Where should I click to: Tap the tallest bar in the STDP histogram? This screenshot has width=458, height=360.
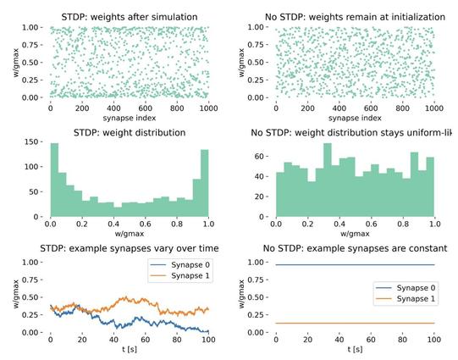coord(54,179)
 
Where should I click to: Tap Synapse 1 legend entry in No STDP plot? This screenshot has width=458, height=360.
coord(398,300)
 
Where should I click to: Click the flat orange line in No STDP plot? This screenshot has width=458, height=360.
coord(354,323)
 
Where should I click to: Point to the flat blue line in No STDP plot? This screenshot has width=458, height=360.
coord(354,265)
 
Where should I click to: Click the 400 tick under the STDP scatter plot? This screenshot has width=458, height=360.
coord(113,109)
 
